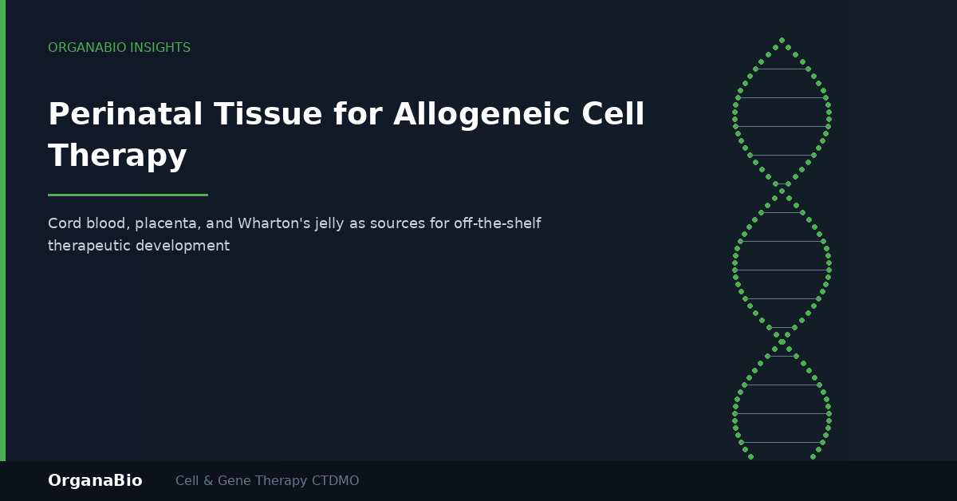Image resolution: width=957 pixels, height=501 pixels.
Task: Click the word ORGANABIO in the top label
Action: click(87, 47)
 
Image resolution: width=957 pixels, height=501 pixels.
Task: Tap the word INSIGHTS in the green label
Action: click(160, 47)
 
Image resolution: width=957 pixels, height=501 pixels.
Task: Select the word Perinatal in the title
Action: click(125, 114)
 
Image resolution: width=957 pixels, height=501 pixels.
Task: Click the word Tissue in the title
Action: click(268, 114)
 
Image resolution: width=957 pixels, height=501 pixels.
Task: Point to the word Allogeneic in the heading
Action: click(482, 116)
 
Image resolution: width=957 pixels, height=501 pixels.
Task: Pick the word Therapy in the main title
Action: click(117, 156)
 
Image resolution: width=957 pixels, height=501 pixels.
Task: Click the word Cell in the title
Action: click(613, 114)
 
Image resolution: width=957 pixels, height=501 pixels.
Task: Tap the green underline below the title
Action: click(128, 195)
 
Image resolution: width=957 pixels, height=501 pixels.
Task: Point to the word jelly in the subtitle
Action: click(329, 224)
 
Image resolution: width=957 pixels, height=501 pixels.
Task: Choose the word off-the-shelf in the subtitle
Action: click(498, 223)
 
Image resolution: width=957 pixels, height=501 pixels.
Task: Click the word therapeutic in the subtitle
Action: click(89, 247)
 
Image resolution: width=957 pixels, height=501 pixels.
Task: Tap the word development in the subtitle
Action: click(183, 247)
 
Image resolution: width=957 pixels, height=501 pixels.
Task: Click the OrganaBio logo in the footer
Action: click(95, 480)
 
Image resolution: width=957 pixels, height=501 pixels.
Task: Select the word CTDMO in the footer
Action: click(336, 480)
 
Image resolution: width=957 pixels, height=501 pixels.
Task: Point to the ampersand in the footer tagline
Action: click(208, 480)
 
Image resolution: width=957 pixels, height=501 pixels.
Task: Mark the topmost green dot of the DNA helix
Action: click(782, 40)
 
